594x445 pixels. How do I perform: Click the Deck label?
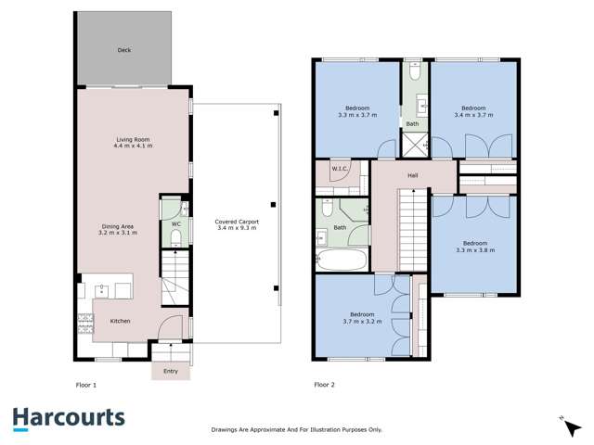tap(123, 50)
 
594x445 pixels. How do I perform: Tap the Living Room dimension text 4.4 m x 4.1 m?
tap(132, 146)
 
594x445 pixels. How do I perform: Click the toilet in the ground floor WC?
tap(175, 238)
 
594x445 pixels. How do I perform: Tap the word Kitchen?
tap(121, 321)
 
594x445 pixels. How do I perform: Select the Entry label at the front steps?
tap(171, 371)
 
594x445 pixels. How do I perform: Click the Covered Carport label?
tap(237, 222)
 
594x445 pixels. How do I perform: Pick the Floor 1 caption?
tap(86, 384)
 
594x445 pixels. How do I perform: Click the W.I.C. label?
tap(340, 170)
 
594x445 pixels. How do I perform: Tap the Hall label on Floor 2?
tap(413, 174)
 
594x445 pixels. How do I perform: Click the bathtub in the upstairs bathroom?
tap(342, 259)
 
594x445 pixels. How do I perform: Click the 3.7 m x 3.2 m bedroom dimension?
tap(361, 320)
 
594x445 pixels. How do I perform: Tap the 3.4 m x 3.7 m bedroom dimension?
tap(473, 113)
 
